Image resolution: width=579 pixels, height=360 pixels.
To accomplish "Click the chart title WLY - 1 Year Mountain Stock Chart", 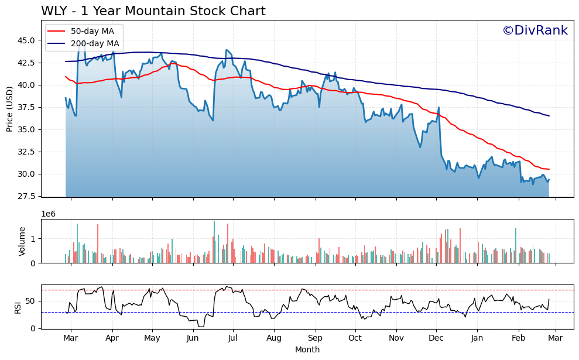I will point(153,11).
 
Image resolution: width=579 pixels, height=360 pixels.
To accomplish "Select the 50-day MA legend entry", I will point(97,31).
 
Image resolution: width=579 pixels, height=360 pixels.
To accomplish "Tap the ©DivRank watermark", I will point(535,30).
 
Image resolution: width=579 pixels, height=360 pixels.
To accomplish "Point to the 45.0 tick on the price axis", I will point(25,40).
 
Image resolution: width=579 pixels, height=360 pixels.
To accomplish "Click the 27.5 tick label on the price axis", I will point(25,196).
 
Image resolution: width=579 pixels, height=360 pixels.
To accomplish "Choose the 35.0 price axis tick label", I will point(25,129).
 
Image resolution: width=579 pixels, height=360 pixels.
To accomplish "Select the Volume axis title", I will point(22,241).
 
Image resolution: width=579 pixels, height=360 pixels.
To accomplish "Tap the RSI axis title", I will point(18,307).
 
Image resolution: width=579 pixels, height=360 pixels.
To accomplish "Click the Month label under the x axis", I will point(307,349).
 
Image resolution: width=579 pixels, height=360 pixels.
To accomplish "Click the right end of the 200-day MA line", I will point(549,116).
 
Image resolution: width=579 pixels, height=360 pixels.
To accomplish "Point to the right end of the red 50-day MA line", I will point(549,170).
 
